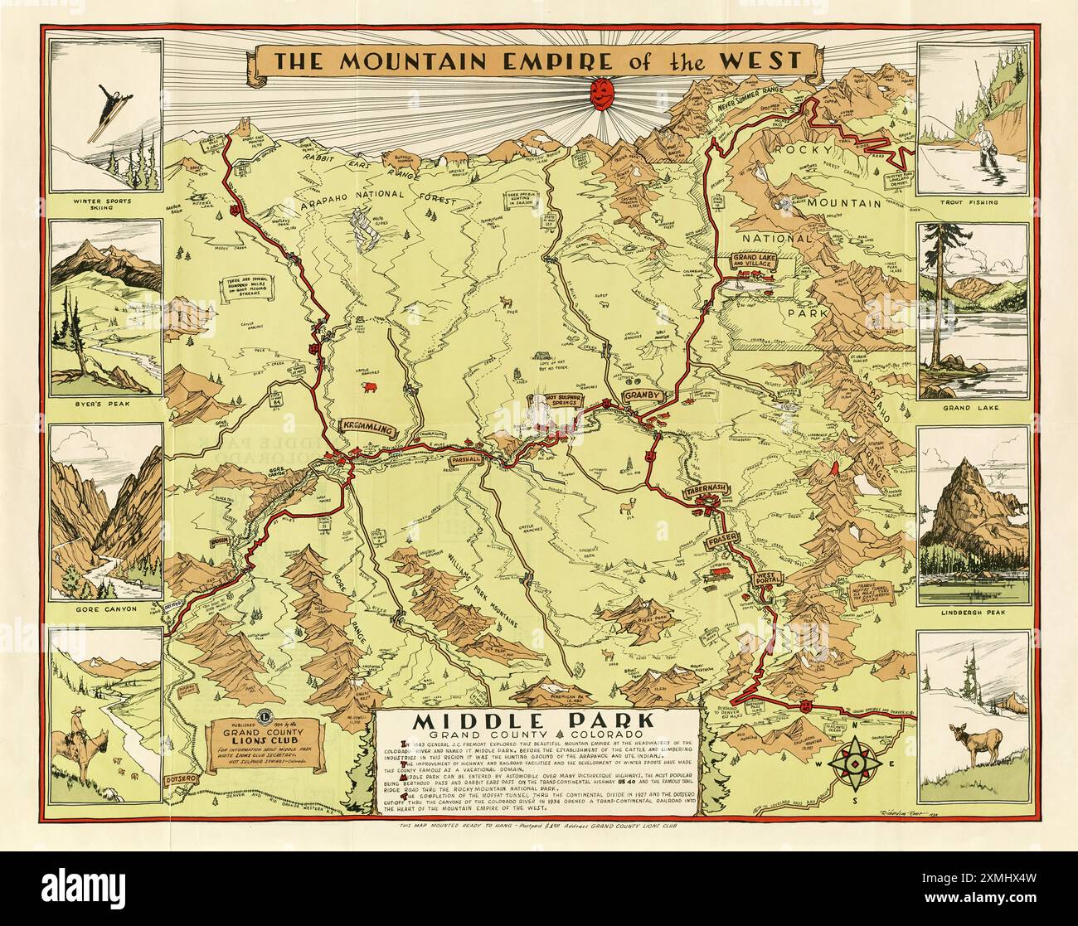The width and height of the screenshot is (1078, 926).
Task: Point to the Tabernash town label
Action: click(x=705, y=492)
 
